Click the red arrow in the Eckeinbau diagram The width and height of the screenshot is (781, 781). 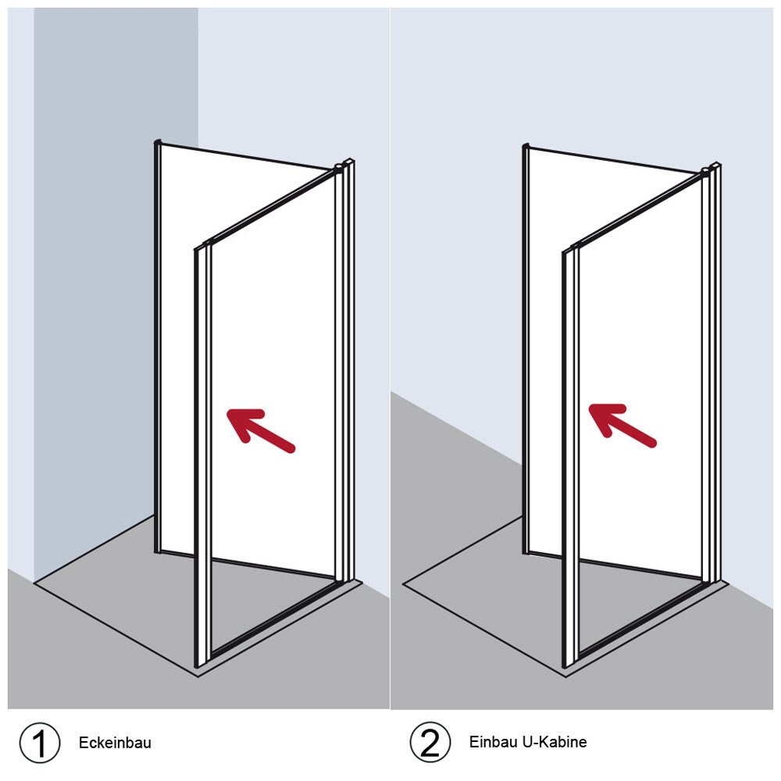(261, 430)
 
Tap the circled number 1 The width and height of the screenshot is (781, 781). (39, 743)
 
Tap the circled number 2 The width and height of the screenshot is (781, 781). (430, 742)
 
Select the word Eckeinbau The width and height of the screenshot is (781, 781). (115, 743)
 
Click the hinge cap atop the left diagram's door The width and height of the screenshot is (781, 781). (339, 166)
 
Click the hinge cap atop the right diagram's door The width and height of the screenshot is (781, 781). (706, 171)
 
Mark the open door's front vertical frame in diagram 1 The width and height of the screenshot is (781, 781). (202, 456)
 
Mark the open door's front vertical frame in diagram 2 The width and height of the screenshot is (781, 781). (570, 457)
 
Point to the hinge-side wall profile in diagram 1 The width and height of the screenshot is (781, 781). (348, 371)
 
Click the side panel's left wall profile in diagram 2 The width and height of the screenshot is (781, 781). (525, 348)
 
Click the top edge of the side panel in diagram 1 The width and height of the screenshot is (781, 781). (247, 157)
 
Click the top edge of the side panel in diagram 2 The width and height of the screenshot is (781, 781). (615, 160)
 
